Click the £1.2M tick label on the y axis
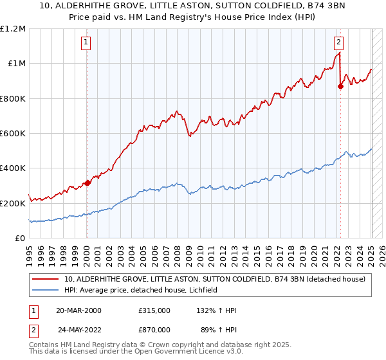(x=13, y=29)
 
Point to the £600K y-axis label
(x=13, y=134)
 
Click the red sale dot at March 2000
(x=87, y=183)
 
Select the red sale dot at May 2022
(x=341, y=87)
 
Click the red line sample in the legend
(x=46, y=279)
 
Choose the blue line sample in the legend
(x=46, y=291)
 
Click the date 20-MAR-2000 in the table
(x=78, y=310)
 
